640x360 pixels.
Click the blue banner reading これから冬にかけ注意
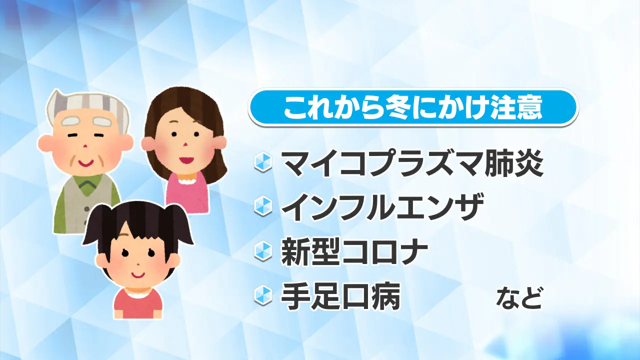click(x=413, y=107)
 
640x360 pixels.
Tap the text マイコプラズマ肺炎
click(x=412, y=163)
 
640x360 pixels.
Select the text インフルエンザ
click(x=382, y=207)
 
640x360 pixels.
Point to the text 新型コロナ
click(x=354, y=251)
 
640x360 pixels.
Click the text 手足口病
click(x=340, y=296)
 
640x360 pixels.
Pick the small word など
click(x=518, y=298)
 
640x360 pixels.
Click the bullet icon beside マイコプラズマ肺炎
click(x=263, y=162)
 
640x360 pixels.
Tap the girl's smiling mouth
click(x=137, y=275)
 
